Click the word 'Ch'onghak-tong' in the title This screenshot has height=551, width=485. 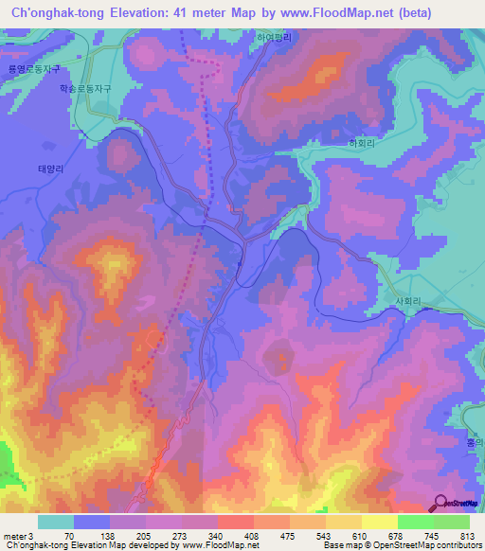point(55,13)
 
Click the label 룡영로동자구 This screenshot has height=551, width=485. point(33,69)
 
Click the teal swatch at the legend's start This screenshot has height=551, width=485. point(56,522)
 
